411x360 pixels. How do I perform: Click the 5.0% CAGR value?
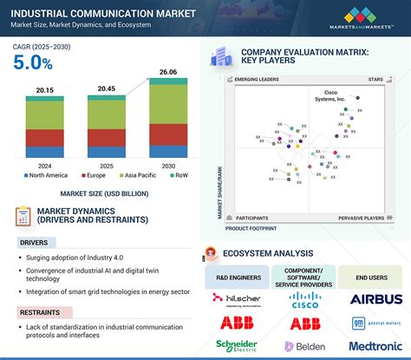(x=32, y=62)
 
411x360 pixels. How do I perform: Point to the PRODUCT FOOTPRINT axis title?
(x=252, y=228)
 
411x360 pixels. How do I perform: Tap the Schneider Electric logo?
(x=236, y=346)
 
